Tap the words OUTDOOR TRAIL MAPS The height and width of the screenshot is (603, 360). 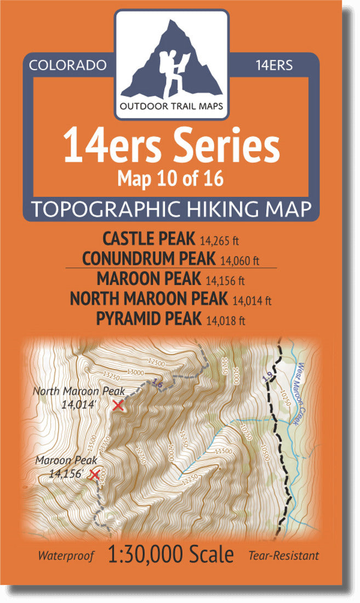(172, 106)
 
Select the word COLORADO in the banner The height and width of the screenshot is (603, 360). (67, 65)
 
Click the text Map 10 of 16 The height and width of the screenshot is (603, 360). (171, 178)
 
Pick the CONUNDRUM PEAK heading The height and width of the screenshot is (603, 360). (148, 258)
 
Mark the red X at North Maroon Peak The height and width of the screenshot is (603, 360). (117, 406)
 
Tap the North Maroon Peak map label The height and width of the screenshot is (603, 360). (79, 391)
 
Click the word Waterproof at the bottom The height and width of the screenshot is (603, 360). (66, 556)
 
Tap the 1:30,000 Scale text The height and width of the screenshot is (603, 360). (171, 555)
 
